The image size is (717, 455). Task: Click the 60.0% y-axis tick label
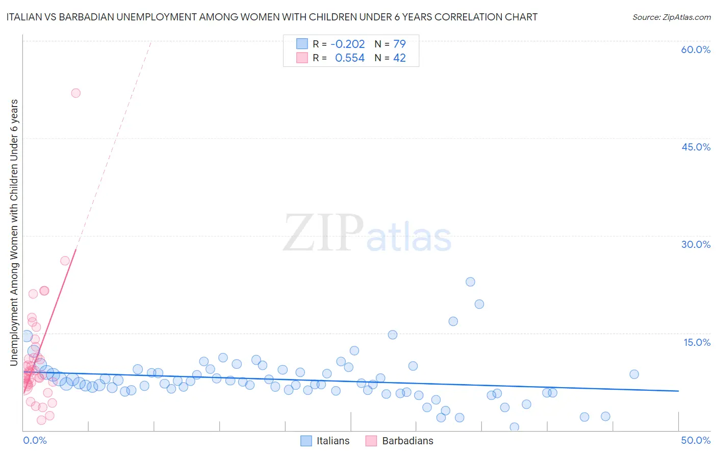tap(696, 49)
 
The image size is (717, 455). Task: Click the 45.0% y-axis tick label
tap(696, 147)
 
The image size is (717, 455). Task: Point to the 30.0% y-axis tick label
tap(696, 244)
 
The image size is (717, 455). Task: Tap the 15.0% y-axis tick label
tap(697, 342)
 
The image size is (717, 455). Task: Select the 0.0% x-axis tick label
tap(35, 440)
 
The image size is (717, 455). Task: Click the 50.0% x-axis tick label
tap(696, 440)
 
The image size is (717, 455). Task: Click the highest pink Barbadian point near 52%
tap(75, 93)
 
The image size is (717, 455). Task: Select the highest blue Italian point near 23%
tap(470, 282)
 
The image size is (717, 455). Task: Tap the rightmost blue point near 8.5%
tap(634, 374)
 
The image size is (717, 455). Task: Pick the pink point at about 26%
tap(65, 261)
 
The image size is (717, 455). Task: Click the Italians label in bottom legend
tap(333, 441)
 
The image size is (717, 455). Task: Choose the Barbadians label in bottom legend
tap(407, 441)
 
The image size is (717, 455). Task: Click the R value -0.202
tap(348, 44)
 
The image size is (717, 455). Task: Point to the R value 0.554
tap(350, 58)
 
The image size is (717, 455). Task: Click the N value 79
tap(399, 44)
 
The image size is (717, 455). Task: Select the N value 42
tap(399, 58)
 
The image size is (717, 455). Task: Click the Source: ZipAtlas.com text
tap(671, 17)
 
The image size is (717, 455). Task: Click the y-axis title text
tap(14, 232)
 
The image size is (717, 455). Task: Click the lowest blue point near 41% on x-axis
tap(514, 427)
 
